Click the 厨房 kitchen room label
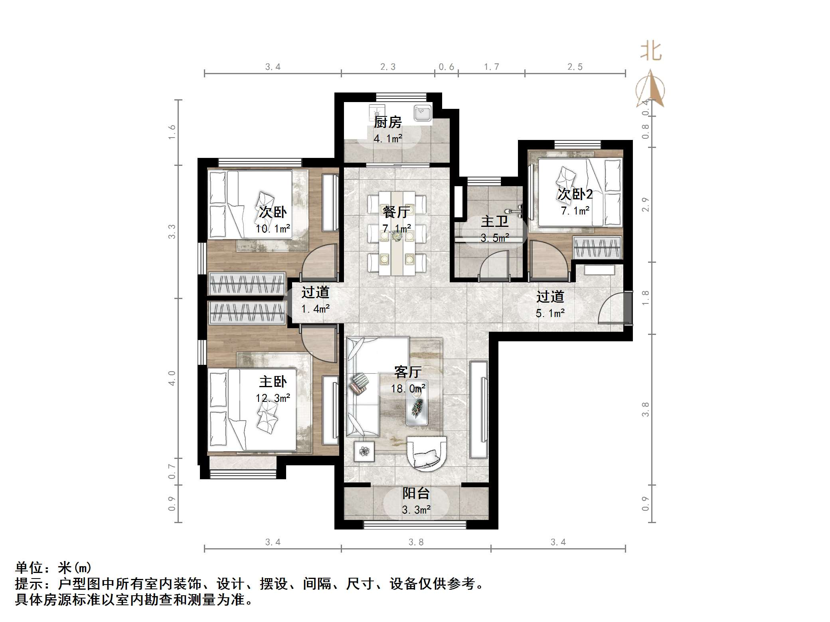click(387, 122)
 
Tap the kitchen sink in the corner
click(422, 113)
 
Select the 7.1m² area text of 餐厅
click(397, 229)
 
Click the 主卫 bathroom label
click(494, 222)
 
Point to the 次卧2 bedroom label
click(575, 194)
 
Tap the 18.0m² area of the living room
click(408, 388)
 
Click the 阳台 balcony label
click(416, 493)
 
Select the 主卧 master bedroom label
click(273, 382)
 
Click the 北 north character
click(651, 52)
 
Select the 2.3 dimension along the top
click(387, 67)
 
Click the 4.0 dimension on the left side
click(172, 378)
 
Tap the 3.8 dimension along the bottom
click(416, 542)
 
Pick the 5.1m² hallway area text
click(550, 313)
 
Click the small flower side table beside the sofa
click(364, 451)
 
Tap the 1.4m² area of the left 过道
click(315, 309)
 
